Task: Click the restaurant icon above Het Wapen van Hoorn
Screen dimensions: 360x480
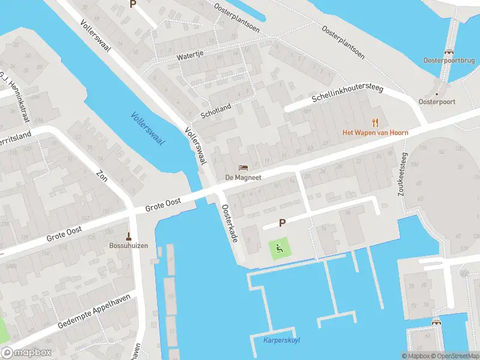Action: click(x=376, y=122)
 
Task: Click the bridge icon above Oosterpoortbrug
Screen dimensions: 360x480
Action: click(x=448, y=52)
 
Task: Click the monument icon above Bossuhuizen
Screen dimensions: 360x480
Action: click(x=127, y=236)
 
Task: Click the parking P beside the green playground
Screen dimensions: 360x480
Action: click(x=282, y=223)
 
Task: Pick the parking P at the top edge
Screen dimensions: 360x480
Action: click(x=133, y=4)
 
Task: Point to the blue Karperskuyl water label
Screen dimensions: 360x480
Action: click(x=281, y=340)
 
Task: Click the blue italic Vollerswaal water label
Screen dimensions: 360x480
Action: click(x=147, y=128)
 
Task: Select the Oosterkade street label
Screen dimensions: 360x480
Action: click(x=230, y=223)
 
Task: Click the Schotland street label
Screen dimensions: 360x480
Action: click(x=215, y=110)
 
